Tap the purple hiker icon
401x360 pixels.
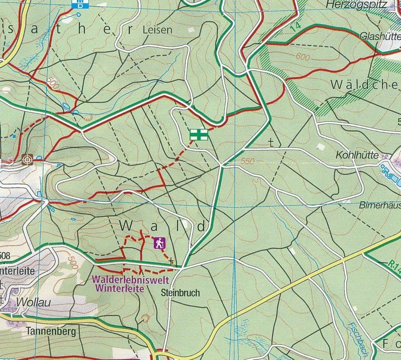159,243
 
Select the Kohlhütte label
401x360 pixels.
357,155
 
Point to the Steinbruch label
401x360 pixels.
181,292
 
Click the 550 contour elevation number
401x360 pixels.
247,161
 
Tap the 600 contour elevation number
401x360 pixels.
302,57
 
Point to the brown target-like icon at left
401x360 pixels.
28,159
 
